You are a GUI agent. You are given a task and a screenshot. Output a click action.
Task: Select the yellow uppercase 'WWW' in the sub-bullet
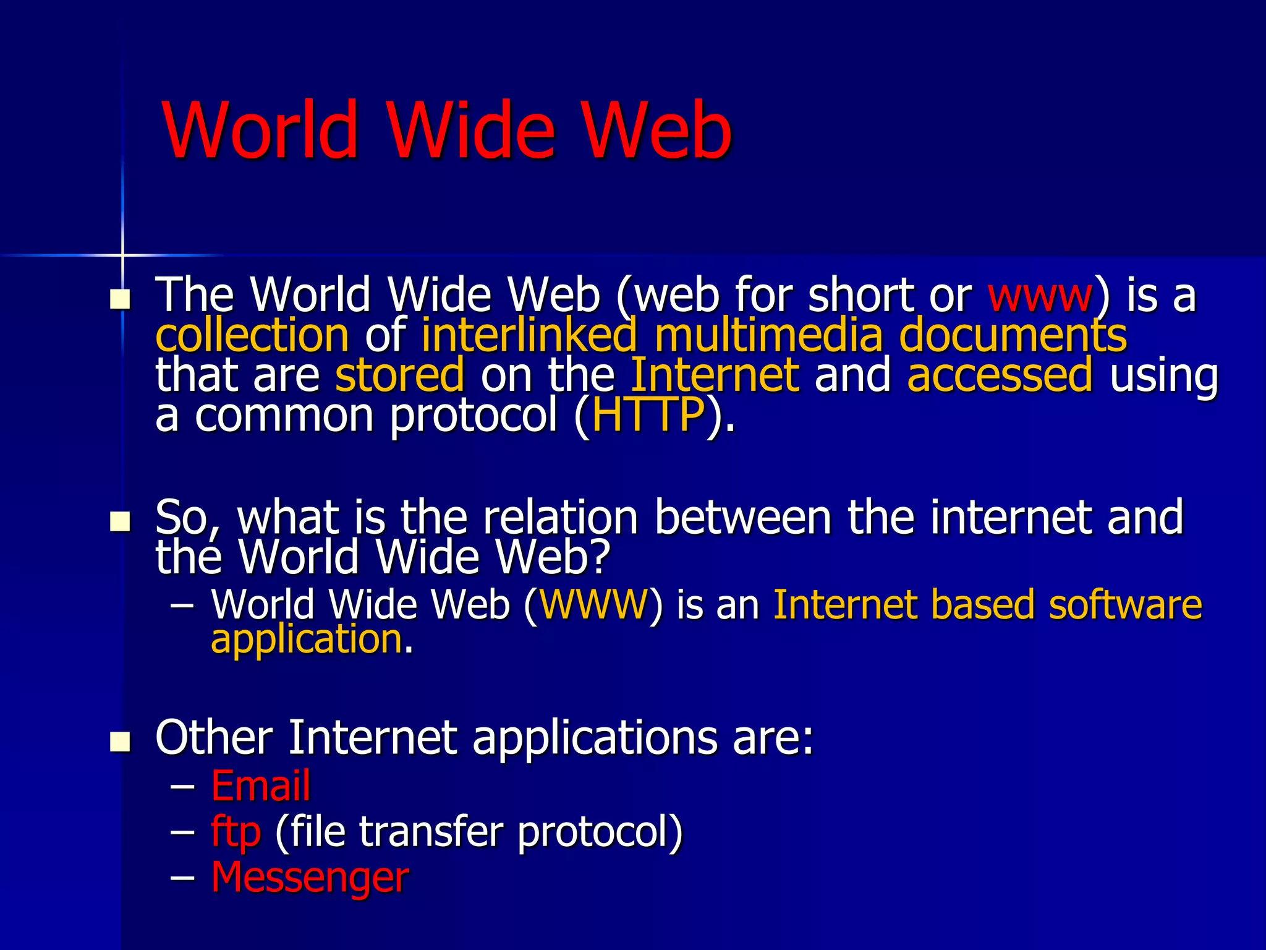pos(593,604)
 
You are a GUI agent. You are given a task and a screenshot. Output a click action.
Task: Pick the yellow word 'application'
pos(307,640)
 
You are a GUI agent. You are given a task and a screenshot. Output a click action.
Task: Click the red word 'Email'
pos(260,785)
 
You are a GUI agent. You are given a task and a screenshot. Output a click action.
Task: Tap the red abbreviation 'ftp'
pos(236,832)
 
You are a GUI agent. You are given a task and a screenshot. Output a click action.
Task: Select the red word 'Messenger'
pos(310,877)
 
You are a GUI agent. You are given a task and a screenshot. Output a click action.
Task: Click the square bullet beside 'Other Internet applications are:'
pos(120,742)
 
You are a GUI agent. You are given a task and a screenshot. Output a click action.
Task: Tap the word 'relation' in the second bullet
pos(560,517)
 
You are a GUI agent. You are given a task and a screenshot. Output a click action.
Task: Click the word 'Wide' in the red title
pos(471,131)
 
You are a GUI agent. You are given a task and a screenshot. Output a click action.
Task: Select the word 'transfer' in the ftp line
pos(431,831)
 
